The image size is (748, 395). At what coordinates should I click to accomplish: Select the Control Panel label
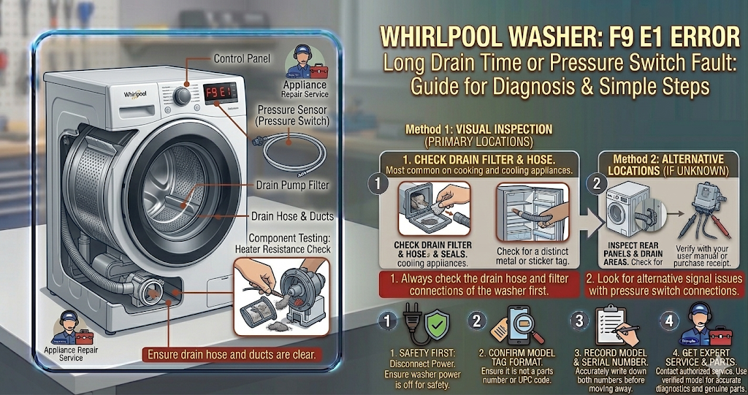242,58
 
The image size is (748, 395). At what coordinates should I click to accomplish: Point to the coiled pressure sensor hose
288,150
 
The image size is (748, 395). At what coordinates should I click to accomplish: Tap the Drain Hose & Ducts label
291,216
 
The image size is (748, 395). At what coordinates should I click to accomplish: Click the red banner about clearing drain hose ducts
232,356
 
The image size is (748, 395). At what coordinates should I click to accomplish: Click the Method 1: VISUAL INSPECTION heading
478,129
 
